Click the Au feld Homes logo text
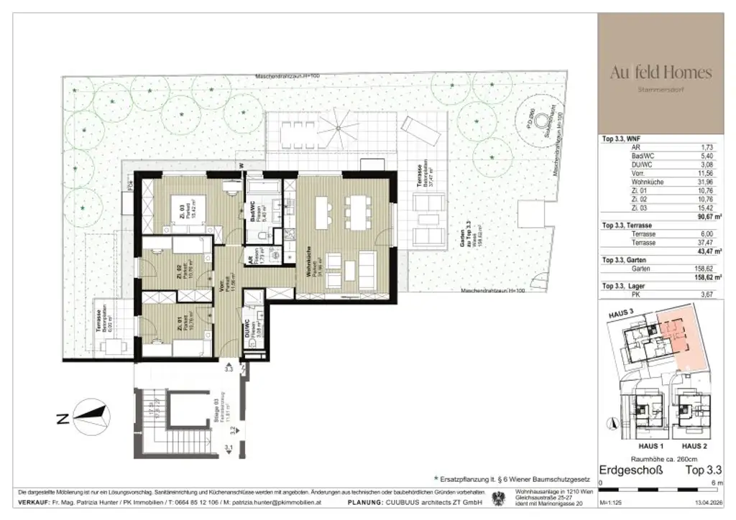(x=661, y=73)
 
